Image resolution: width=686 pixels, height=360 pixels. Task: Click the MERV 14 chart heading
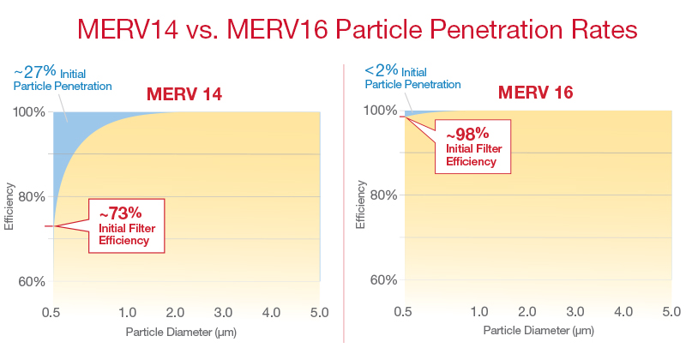(184, 95)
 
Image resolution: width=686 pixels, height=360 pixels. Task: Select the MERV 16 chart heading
(538, 93)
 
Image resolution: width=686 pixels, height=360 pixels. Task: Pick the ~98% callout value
(466, 133)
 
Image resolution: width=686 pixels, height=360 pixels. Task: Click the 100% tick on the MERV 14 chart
(33, 113)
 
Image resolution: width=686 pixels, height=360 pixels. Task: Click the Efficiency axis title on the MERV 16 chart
(360, 205)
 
